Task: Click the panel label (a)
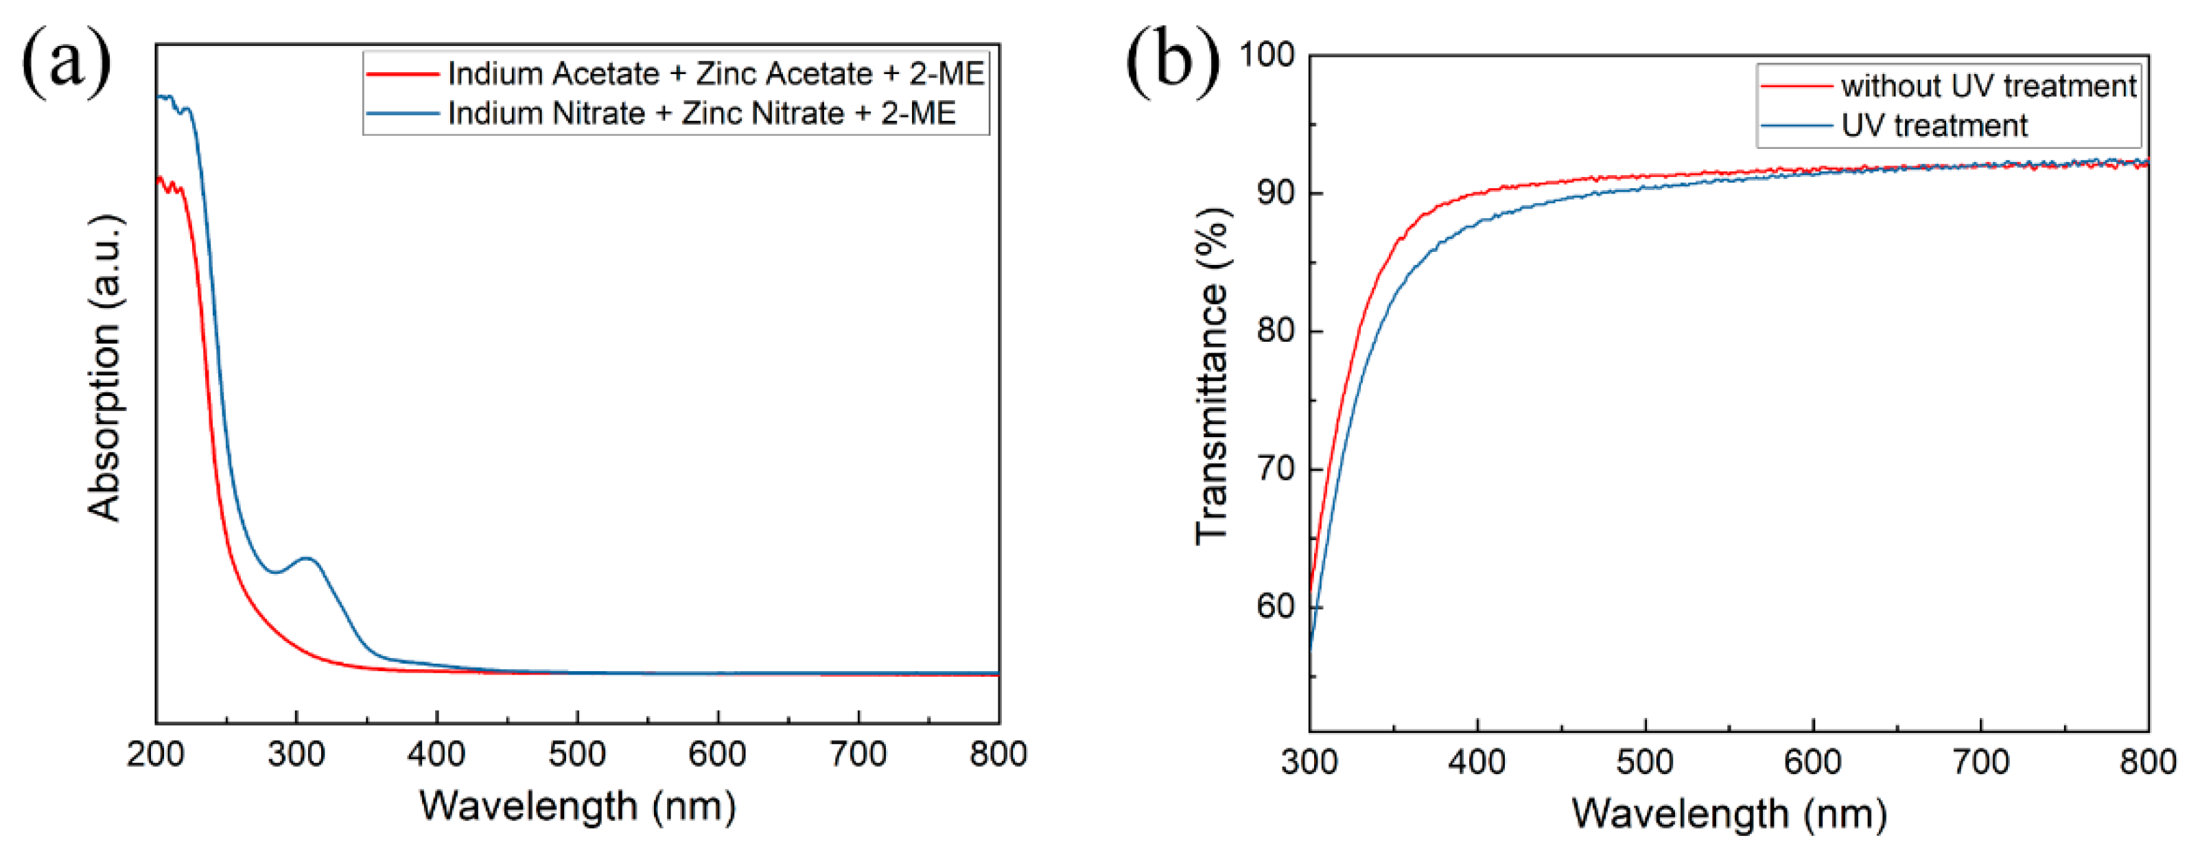(67, 61)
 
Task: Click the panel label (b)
(1173, 61)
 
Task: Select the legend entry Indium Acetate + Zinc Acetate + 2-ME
(714, 74)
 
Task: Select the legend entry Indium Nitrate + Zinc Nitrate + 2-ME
(701, 113)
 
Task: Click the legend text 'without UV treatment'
(1988, 86)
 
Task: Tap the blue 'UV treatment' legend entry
(1933, 126)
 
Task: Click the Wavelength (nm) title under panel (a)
(578, 806)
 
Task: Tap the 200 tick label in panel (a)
(156, 754)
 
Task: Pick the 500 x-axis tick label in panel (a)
(577, 754)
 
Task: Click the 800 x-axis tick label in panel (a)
(998, 754)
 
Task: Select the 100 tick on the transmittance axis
(1266, 56)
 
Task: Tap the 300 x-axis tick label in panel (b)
(1309, 761)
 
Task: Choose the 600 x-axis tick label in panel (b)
(1812, 761)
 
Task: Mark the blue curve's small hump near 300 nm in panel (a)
(307, 559)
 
